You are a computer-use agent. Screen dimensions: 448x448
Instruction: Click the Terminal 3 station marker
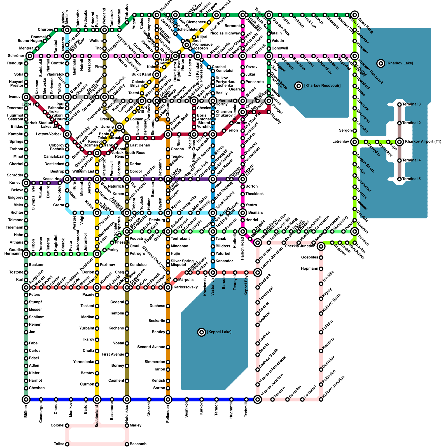point(400,104)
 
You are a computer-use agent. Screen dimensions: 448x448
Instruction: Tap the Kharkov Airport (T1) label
point(423,142)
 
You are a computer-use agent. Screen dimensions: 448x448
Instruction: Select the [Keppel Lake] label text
point(219,332)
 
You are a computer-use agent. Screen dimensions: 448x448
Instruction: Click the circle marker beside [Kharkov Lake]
point(381,63)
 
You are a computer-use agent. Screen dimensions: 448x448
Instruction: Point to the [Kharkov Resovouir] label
point(322,86)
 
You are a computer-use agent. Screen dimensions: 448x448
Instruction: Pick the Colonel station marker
point(67,426)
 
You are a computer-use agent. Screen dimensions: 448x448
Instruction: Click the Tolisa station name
point(59,444)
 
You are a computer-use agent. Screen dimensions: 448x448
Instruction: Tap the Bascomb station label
point(138,444)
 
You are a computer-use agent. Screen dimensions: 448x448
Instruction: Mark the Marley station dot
point(127,426)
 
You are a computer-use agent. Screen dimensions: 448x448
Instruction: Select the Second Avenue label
point(151,347)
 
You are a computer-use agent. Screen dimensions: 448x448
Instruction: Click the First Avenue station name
point(113,354)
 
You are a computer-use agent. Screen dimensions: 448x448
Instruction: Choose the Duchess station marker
point(168,306)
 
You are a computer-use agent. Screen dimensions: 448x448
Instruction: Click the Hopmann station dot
point(321,269)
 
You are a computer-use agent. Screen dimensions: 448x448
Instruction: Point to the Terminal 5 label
point(411,179)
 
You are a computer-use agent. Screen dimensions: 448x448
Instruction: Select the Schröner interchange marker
point(30,56)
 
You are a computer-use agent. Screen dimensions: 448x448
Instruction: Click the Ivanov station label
point(15,97)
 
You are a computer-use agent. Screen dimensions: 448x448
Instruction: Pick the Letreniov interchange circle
point(355,142)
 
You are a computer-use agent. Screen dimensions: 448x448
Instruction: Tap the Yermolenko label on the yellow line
point(84,362)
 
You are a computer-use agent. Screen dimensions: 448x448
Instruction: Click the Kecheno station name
point(116,328)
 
